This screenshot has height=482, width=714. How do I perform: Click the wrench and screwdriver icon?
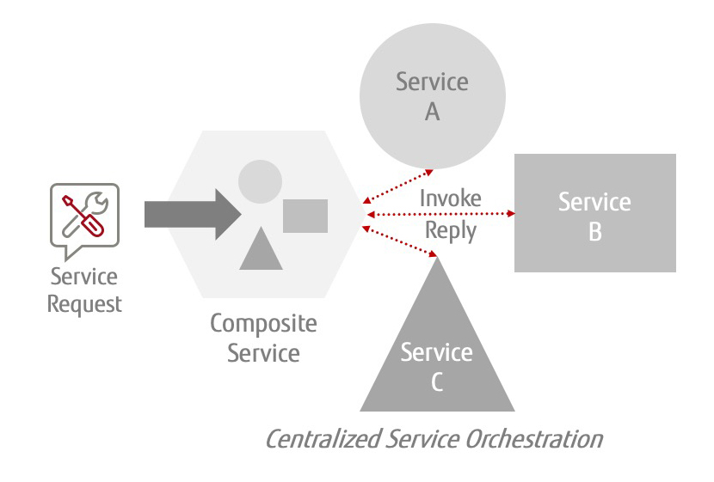pyautogui.click(x=84, y=215)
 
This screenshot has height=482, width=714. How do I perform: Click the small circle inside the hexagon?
pyautogui.click(x=260, y=181)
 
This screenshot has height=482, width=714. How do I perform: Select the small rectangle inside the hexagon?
pyautogui.click(x=305, y=216)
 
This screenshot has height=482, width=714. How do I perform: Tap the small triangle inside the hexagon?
pyautogui.click(x=261, y=250)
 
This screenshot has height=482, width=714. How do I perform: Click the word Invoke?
pyautogui.click(x=450, y=198)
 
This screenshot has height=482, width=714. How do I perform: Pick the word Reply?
pyautogui.click(x=451, y=231)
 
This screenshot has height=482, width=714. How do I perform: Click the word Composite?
pyautogui.click(x=263, y=324)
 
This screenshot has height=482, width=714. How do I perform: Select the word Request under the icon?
pyautogui.click(x=84, y=303)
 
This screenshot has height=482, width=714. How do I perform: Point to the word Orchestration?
pyautogui.click(x=533, y=439)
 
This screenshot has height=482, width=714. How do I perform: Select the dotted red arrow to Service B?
pyautogui.click(x=439, y=214)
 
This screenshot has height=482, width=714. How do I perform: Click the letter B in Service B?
pyautogui.click(x=594, y=231)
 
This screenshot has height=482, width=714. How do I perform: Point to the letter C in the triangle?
pyautogui.click(x=436, y=382)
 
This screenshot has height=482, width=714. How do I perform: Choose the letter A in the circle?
pyautogui.click(x=432, y=113)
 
